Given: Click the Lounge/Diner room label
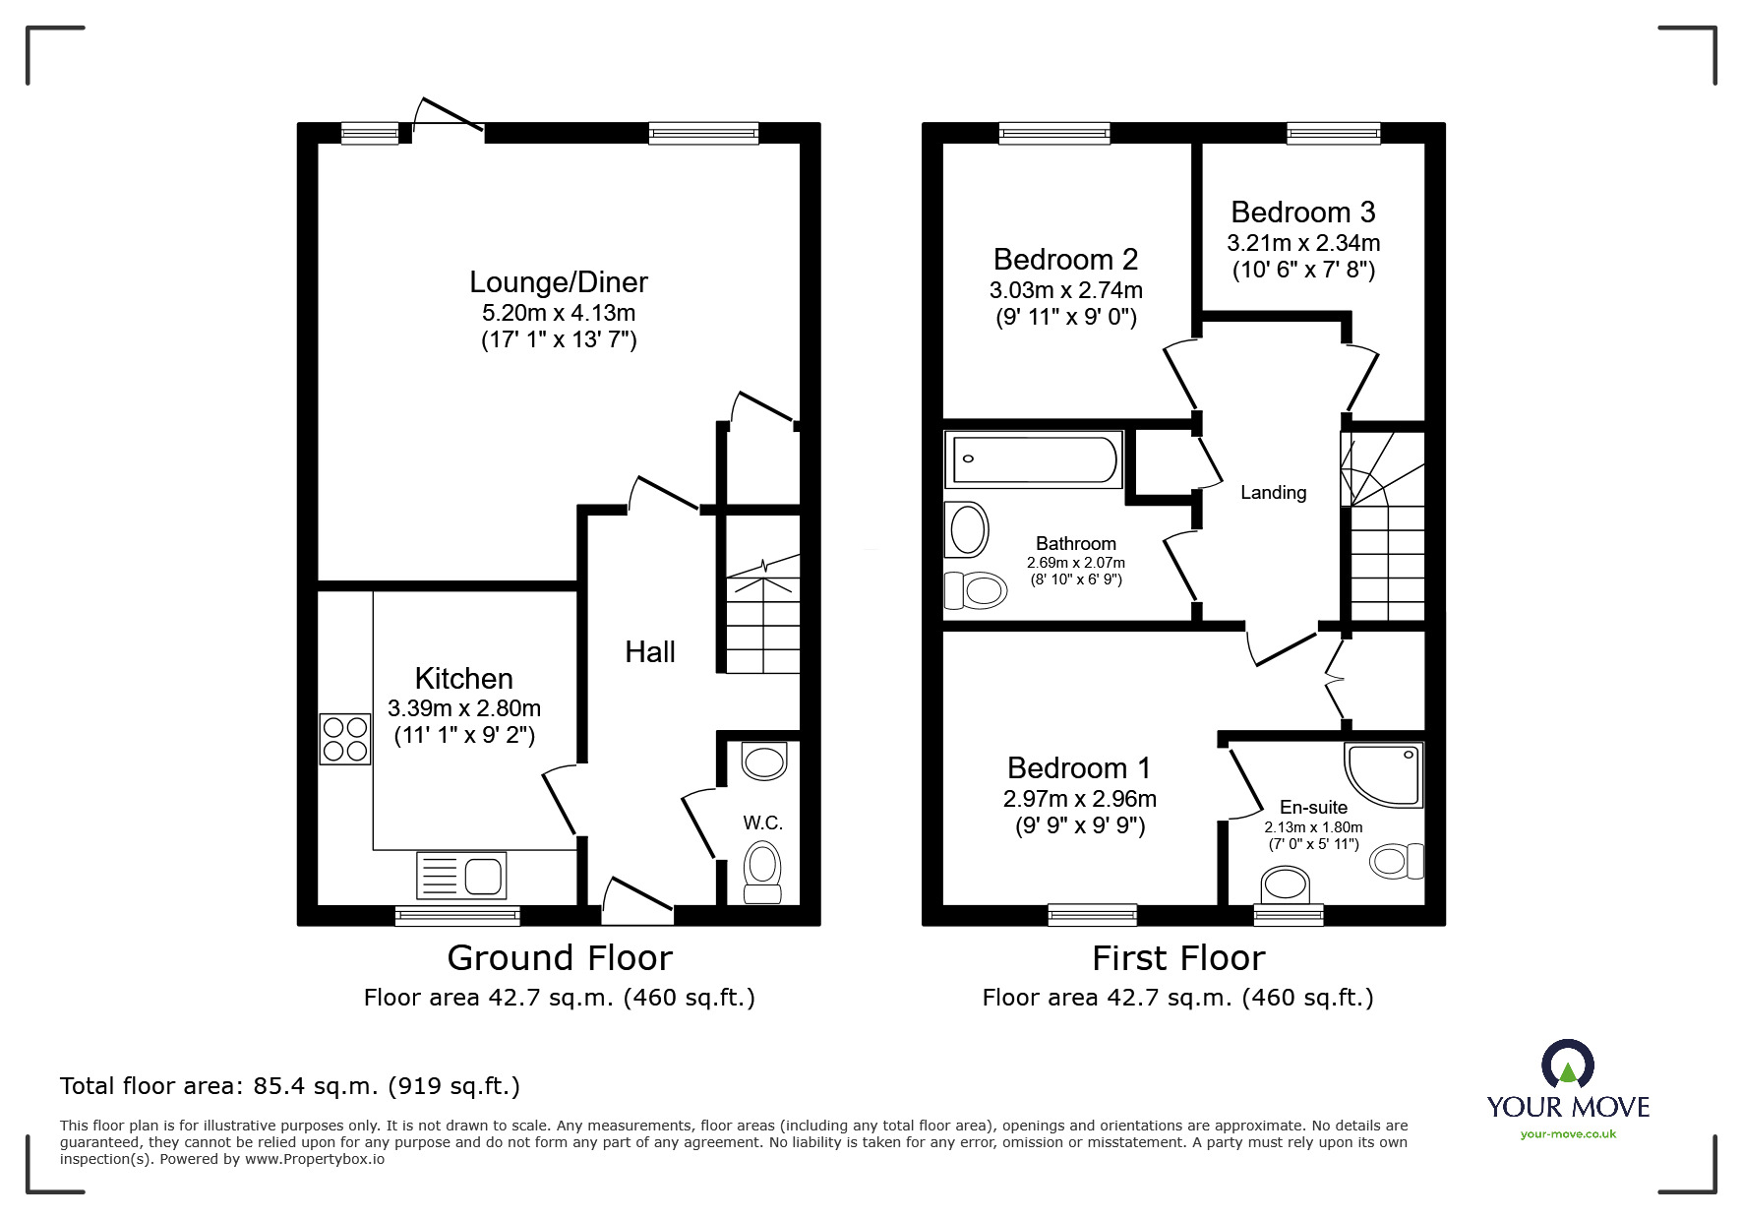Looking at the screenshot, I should (x=558, y=282).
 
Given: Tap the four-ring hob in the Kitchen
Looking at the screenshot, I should (x=344, y=739).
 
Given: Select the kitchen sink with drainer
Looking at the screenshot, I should (x=461, y=876).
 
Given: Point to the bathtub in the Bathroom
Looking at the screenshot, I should (x=1033, y=458).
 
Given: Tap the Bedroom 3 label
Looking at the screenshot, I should (x=1302, y=213).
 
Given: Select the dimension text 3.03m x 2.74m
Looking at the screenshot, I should (x=1065, y=290).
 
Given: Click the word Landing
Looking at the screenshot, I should (x=1273, y=493).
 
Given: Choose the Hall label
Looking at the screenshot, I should (x=650, y=652).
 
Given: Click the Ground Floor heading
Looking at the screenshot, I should (x=560, y=957).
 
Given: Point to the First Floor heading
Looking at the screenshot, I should (x=1178, y=957).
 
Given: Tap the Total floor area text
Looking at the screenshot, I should (x=290, y=1086).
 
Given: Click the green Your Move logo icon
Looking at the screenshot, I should (x=1567, y=1067).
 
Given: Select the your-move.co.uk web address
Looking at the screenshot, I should (x=1568, y=1134).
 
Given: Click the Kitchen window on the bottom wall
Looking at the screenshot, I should (x=457, y=916).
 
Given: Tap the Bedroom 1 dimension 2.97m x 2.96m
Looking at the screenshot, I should (x=1079, y=799).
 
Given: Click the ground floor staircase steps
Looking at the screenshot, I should (x=762, y=625).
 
